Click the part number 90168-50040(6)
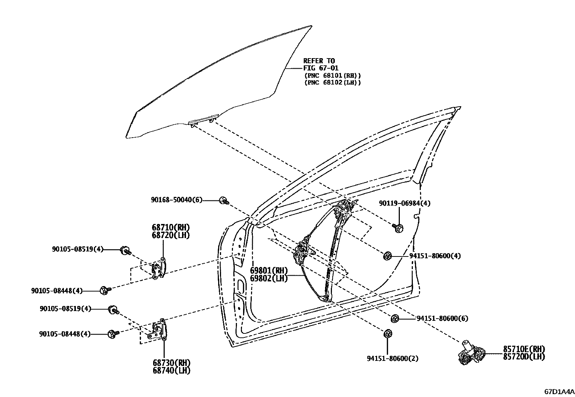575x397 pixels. [177, 200]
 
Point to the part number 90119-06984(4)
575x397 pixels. [405, 203]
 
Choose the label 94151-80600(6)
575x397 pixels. [442, 318]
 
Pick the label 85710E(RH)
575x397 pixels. [524, 349]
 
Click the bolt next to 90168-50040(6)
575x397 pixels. [224, 200]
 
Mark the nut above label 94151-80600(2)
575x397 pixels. [387, 333]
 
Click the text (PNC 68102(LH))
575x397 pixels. [332, 82]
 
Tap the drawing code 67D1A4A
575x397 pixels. [559, 391]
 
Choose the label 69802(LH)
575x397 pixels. [269, 279]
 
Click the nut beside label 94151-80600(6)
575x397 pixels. [394, 318]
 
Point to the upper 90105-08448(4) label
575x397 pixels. [57, 290]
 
